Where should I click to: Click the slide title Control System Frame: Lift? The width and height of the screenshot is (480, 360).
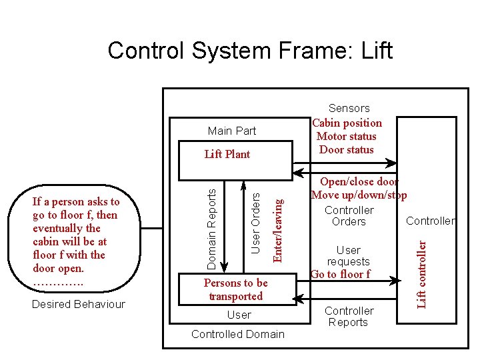click(x=250, y=50)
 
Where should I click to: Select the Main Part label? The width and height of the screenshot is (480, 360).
click(x=231, y=131)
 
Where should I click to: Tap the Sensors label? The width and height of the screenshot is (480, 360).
click(x=349, y=108)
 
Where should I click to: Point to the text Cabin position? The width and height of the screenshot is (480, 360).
click(x=347, y=123)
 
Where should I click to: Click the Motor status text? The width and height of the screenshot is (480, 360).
click(x=347, y=136)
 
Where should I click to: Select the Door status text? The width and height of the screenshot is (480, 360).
click(x=347, y=149)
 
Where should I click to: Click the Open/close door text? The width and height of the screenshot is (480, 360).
click(x=359, y=181)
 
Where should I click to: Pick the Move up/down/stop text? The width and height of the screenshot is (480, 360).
click(x=359, y=195)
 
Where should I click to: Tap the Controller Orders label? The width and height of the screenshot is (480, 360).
click(x=349, y=216)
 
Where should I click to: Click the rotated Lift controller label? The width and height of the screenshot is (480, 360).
click(x=421, y=274)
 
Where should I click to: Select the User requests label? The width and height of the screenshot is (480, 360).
click(x=348, y=256)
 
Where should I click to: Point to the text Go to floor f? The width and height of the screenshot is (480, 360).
click(x=340, y=274)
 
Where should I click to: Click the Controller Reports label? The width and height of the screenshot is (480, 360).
click(x=349, y=317)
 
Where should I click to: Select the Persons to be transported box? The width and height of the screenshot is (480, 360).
click(x=235, y=289)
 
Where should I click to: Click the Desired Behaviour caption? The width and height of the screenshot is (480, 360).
click(x=79, y=305)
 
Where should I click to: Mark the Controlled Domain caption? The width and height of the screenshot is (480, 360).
click(x=237, y=334)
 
